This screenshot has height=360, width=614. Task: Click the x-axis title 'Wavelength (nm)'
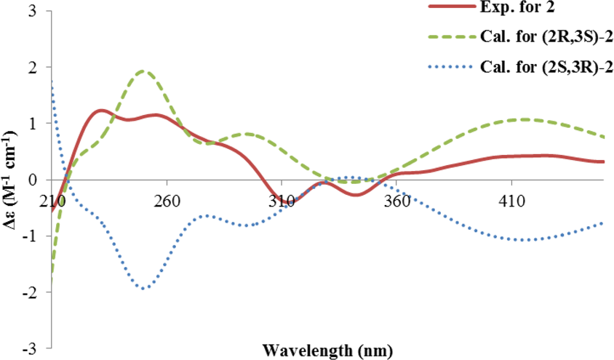coord(329,351)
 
